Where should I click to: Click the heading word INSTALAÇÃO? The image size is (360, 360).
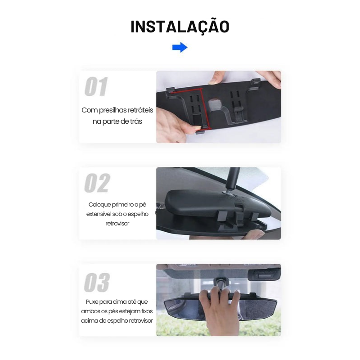tap(180, 27)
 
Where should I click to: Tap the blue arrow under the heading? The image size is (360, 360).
tap(180, 47)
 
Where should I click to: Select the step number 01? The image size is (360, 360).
tap(96, 87)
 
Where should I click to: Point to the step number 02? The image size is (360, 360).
tap(97, 183)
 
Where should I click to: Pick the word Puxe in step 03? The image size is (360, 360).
tap(93, 301)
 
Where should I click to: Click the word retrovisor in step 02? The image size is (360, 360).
tap(117, 223)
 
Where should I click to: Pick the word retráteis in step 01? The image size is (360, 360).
tap(140, 110)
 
